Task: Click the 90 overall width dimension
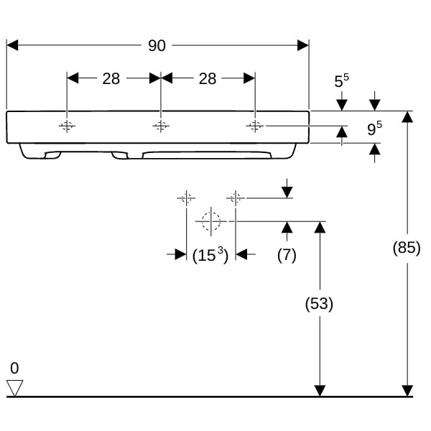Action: click(x=157, y=45)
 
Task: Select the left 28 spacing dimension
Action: click(x=111, y=78)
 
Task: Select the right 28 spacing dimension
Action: click(x=207, y=78)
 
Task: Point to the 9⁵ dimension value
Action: click(x=374, y=129)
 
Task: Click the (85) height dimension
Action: click(x=407, y=249)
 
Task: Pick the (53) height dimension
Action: click(x=320, y=303)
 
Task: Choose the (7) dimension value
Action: click(x=287, y=254)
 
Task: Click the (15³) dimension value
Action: click(x=210, y=254)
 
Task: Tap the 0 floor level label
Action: click(x=14, y=368)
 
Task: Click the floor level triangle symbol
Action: click(x=14, y=388)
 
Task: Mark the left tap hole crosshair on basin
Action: click(x=67, y=126)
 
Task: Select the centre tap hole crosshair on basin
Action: click(x=161, y=126)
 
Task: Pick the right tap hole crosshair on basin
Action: click(x=255, y=126)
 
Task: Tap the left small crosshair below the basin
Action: click(x=186, y=197)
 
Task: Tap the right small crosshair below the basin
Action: click(x=236, y=197)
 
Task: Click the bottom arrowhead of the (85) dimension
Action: click(x=407, y=391)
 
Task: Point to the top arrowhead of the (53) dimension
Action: click(x=320, y=227)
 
